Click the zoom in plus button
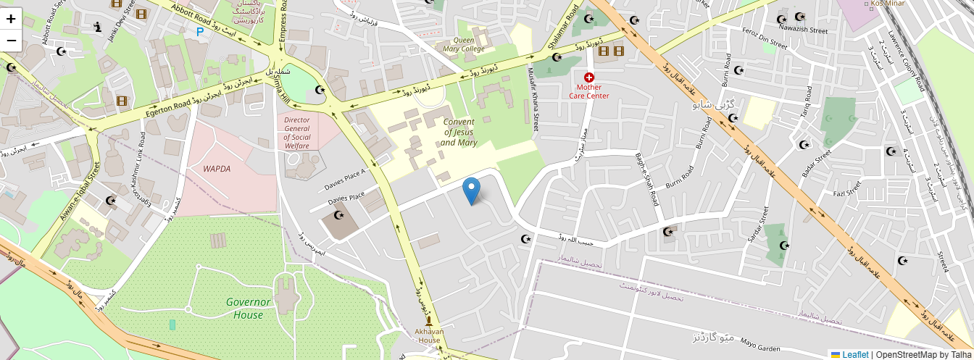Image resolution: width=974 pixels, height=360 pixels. point(12,19)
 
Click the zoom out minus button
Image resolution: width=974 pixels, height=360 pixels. point(12,41)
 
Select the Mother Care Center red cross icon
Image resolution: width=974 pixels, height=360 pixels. point(589,77)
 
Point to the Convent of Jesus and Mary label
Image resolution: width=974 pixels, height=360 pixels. point(458,133)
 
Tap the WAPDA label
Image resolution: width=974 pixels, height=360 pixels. point(217,169)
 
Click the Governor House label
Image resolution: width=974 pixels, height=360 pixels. point(248,308)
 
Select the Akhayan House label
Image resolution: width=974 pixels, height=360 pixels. point(429,335)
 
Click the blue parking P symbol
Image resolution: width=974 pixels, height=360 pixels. point(199,32)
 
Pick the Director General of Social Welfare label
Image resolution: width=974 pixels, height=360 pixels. point(297,133)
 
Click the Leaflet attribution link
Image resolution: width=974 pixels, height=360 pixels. point(855,354)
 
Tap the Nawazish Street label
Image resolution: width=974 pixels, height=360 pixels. point(803,30)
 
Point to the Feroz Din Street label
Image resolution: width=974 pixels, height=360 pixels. point(765,40)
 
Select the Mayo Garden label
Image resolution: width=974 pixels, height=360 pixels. point(759,346)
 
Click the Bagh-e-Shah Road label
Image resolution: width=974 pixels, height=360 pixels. point(646,179)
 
